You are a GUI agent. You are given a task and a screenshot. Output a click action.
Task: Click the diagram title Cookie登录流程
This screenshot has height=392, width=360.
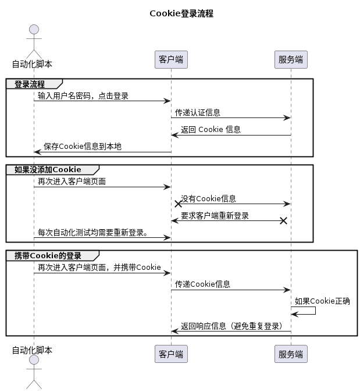click(181, 13)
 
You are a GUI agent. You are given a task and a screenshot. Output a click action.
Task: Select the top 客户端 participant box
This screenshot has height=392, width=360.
click(171, 59)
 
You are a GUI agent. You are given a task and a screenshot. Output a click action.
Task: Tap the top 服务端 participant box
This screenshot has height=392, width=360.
click(291, 59)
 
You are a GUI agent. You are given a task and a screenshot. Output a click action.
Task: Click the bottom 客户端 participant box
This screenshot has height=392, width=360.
click(171, 354)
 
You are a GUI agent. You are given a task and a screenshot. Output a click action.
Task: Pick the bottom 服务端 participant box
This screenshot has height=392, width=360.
click(291, 354)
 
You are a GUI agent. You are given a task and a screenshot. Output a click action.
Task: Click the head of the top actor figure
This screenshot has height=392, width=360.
click(34, 30)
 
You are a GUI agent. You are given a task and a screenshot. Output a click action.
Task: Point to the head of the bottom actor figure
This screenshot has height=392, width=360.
click(34, 361)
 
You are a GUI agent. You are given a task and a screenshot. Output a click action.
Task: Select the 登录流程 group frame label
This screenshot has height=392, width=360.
click(30, 84)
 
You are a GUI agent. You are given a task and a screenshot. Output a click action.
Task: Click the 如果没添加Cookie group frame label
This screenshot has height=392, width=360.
click(48, 170)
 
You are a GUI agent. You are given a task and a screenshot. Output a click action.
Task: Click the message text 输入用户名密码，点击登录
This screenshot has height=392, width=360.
click(83, 96)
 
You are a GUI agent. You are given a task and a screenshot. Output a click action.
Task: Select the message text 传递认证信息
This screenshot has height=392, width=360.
click(198, 113)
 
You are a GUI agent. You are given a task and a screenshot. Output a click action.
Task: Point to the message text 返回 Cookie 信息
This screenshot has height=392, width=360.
click(211, 130)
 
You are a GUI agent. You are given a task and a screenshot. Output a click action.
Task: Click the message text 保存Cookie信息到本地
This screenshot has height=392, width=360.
click(82, 147)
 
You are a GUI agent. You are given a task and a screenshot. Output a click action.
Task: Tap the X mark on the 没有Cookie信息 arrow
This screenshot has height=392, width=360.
click(179, 204)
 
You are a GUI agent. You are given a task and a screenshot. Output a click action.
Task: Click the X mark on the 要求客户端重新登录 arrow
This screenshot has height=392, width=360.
click(283, 220)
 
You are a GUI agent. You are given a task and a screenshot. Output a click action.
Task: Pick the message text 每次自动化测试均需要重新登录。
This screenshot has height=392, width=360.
click(93, 233)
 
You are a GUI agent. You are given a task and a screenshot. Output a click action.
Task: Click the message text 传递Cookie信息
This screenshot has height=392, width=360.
click(202, 284)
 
